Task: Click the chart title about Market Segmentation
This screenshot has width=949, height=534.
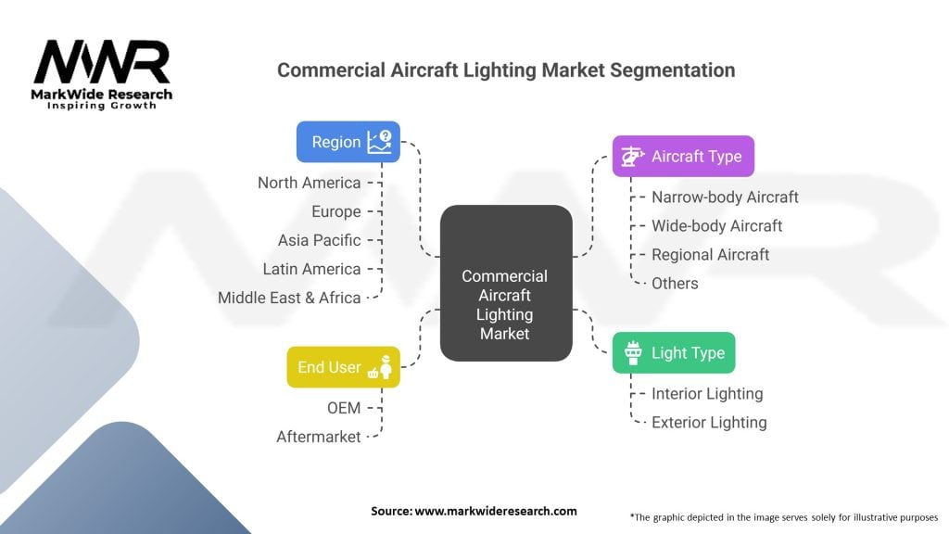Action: click(506, 70)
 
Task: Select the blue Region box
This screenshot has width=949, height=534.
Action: click(348, 142)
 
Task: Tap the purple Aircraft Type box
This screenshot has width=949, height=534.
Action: click(683, 156)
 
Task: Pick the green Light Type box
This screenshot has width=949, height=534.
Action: click(674, 353)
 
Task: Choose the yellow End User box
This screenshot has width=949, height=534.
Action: click(342, 367)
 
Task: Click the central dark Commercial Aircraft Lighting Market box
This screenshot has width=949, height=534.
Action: click(505, 283)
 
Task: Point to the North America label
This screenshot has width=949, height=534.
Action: click(309, 183)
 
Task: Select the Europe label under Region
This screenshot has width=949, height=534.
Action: click(335, 211)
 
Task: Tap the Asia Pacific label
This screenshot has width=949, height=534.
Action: click(319, 240)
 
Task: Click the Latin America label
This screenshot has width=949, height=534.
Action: click(311, 269)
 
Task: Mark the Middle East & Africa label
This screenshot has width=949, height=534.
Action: click(289, 298)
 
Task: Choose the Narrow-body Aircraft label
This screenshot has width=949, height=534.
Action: click(725, 197)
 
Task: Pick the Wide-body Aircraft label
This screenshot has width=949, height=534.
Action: click(716, 225)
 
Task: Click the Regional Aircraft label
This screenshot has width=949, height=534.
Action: click(710, 254)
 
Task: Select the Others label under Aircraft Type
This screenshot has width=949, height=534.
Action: click(675, 283)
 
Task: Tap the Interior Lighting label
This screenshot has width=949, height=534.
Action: click(707, 393)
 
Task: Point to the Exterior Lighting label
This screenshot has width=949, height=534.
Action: click(709, 422)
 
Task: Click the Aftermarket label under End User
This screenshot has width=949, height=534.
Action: click(318, 436)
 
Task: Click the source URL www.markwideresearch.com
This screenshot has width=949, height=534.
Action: click(495, 511)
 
